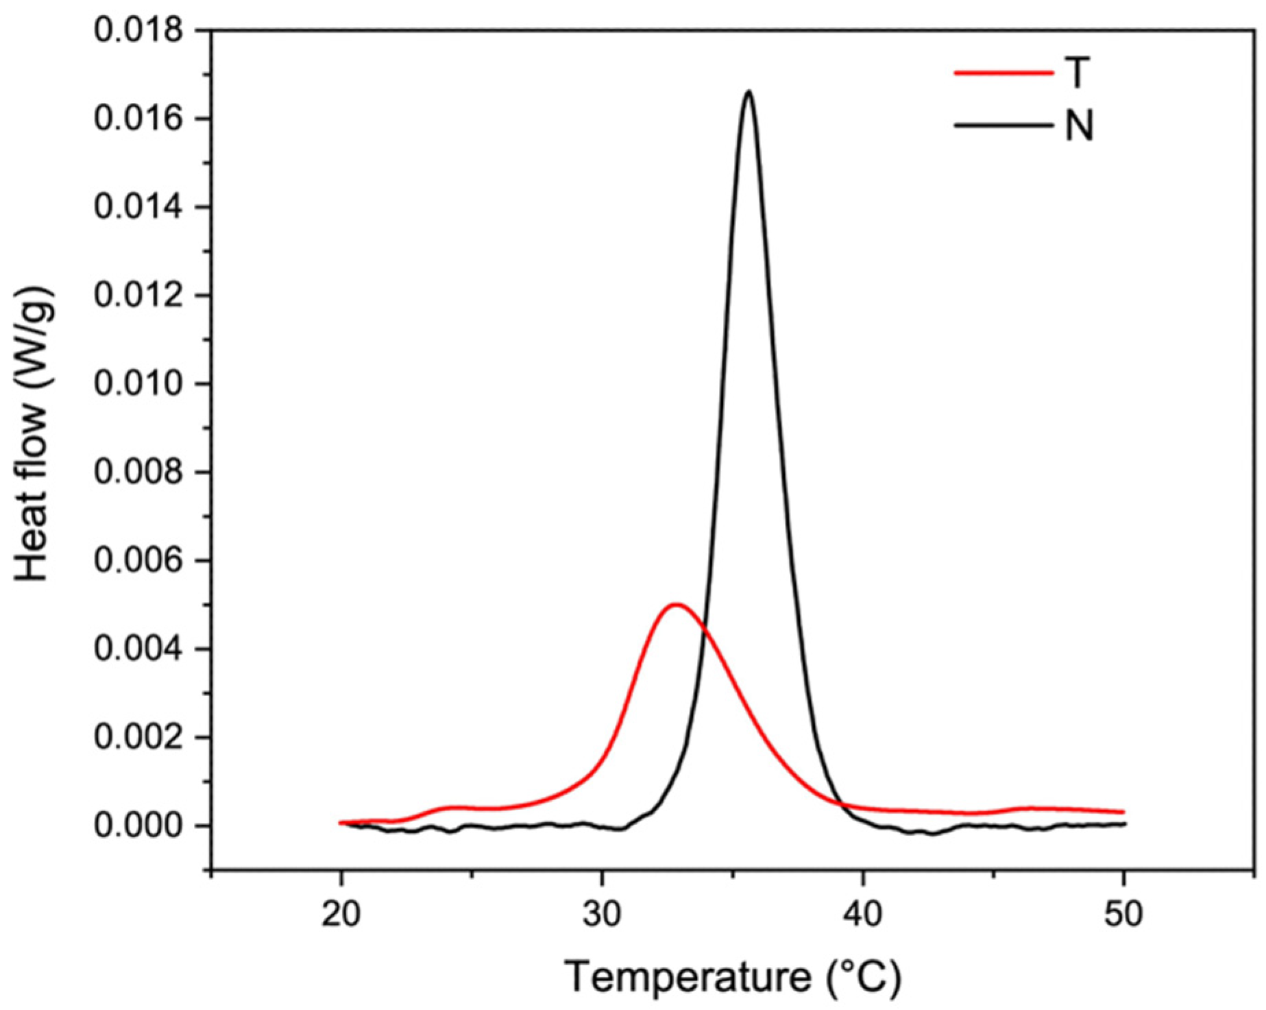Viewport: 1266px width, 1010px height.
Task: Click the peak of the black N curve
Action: (x=748, y=92)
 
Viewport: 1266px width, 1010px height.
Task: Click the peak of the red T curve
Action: (x=677, y=605)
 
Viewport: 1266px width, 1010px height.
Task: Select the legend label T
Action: (x=1077, y=72)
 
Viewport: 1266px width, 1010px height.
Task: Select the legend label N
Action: (x=1079, y=126)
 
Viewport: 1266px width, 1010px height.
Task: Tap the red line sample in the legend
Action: (x=1003, y=72)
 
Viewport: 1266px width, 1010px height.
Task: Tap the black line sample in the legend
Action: (x=1003, y=126)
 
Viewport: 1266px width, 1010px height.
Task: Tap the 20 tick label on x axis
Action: (x=341, y=914)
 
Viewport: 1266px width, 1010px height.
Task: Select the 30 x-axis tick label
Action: (x=602, y=914)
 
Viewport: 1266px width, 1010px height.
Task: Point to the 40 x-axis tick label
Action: (x=863, y=914)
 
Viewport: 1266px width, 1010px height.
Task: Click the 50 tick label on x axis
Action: (x=1123, y=914)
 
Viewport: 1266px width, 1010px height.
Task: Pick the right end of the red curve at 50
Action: (x=1122, y=812)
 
